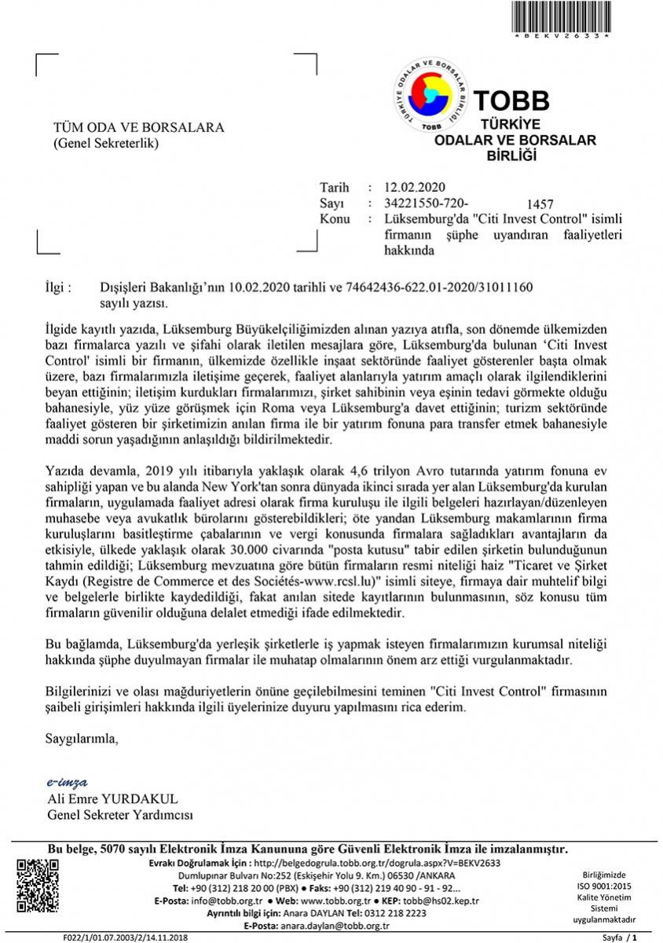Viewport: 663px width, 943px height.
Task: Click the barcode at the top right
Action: [561, 15]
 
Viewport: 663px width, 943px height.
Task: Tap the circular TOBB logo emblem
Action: [429, 96]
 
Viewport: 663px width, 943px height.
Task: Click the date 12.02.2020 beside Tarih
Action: [414, 187]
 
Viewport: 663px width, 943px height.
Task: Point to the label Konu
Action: [335, 218]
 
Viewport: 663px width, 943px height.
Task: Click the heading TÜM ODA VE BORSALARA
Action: [138, 127]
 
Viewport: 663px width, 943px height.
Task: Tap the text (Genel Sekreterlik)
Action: [105, 143]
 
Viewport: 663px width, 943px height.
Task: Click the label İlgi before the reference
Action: [60, 288]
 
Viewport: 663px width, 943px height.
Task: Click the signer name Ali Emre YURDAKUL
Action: [113, 798]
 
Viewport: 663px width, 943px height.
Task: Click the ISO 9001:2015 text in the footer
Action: [603, 885]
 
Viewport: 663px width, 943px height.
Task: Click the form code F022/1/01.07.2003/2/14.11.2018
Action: [126, 937]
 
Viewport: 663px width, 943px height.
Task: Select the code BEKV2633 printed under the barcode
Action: [561, 37]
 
